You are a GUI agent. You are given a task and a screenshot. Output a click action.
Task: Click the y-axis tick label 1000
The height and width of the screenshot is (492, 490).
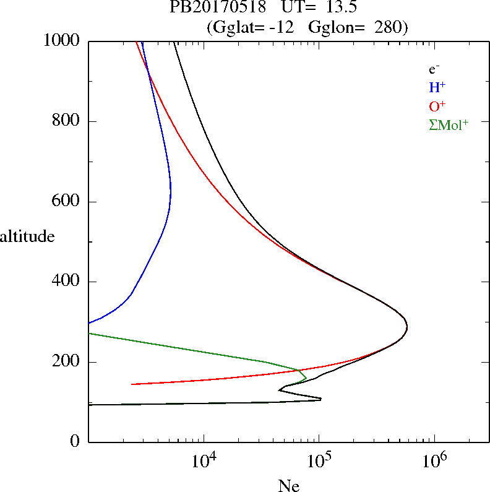[62, 41]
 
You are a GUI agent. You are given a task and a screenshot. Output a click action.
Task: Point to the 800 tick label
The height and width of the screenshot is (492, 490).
[67, 121]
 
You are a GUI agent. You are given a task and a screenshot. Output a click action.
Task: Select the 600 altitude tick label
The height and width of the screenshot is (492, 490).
[67, 202]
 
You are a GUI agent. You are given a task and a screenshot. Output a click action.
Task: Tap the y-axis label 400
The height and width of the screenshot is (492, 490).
[67, 282]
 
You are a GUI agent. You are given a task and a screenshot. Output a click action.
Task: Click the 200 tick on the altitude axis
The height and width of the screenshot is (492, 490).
[67, 362]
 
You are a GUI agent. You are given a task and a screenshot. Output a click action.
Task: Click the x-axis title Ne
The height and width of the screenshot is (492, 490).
[289, 485]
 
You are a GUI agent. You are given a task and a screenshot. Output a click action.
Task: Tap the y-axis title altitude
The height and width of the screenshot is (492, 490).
[27, 236]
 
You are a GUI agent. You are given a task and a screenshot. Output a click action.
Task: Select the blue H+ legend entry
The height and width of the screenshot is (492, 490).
[437, 87]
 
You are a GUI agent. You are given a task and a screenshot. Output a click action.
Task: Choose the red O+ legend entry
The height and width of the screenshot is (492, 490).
[437, 106]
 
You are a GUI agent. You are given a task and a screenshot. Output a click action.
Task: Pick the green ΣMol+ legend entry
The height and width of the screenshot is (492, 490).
[449, 124]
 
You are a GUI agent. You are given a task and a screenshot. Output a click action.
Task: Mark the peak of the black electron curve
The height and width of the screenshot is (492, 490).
[406, 326]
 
